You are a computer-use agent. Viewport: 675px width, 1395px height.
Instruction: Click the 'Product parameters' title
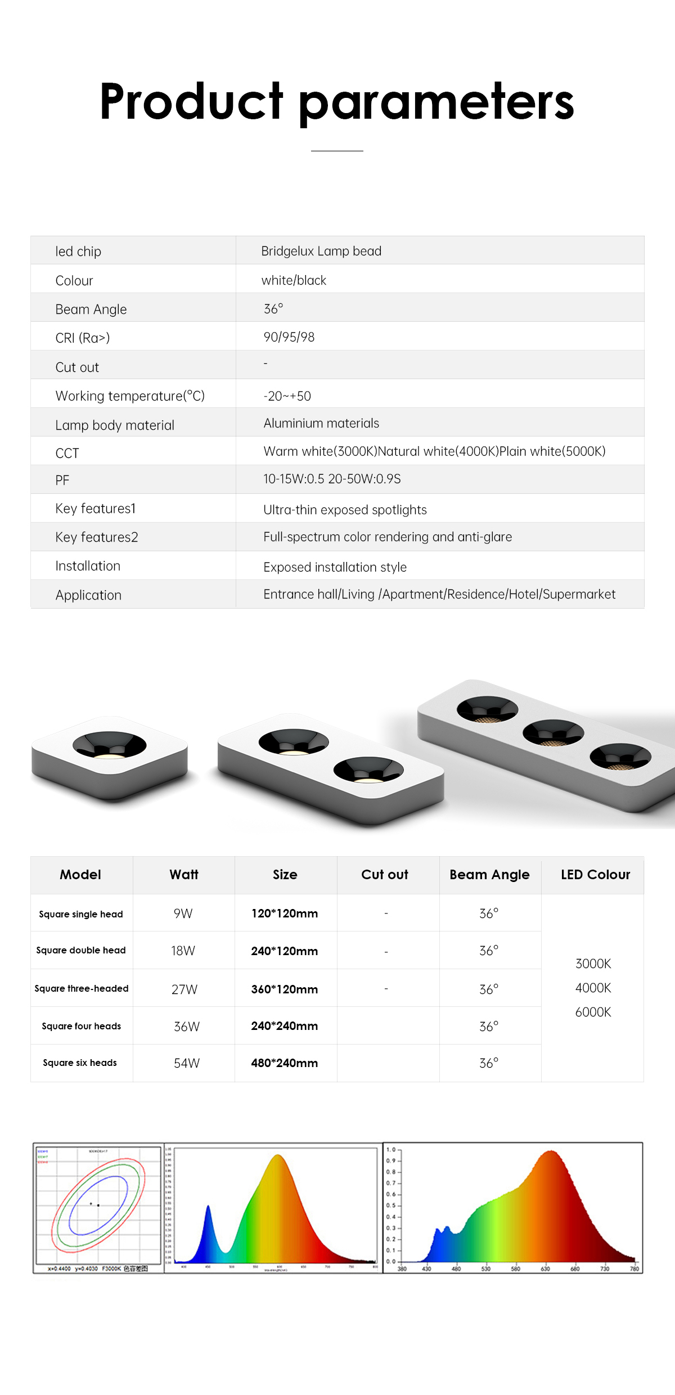pos(337,102)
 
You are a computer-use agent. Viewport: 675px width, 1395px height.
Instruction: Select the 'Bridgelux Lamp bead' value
pos(321,251)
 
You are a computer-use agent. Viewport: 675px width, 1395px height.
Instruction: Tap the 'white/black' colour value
pos(294,280)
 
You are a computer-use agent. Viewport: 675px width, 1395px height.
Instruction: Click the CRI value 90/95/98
pos(289,337)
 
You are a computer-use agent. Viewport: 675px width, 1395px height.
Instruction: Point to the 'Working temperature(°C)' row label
pos(130,396)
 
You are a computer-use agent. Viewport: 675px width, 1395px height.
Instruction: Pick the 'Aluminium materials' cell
pos(321,423)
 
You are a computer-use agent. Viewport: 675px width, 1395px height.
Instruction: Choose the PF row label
pos(62,480)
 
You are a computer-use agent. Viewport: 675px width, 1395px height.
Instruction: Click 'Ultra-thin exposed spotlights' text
pos(345,510)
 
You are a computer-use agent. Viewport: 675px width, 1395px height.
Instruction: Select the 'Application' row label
pos(88,595)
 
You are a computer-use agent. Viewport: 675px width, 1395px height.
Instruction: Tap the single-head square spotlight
pos(110,754)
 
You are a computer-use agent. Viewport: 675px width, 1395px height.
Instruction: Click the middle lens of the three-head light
pos(553,733)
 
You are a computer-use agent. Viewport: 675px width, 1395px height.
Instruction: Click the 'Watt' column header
pos(184,875)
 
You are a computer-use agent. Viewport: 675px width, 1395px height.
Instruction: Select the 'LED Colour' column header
pos(595,875)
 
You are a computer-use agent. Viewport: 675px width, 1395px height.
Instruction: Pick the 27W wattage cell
pos(184,989)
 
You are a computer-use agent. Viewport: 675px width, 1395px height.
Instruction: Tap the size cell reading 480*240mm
pos(285,1063)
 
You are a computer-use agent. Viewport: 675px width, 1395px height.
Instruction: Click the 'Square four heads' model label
pos(82,1026)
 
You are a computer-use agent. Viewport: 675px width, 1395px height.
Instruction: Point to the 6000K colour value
pos(593,1012)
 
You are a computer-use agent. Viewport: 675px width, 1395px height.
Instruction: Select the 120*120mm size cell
pos(285,913)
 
